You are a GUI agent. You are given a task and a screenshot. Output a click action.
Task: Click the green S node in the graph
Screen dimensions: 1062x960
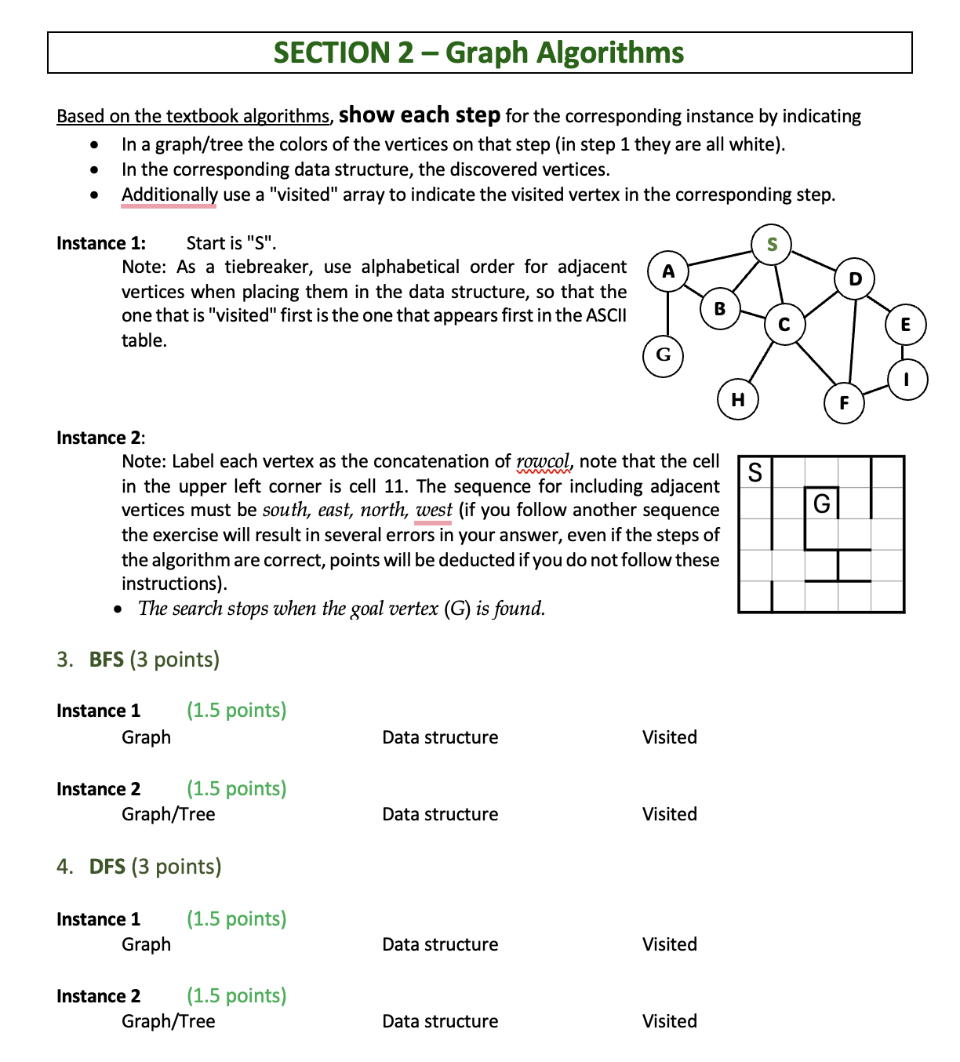(772, 244)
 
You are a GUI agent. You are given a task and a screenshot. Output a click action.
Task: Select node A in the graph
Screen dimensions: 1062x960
(668, 271)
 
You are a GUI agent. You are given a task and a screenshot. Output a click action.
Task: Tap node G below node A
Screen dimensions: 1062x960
(664, 355)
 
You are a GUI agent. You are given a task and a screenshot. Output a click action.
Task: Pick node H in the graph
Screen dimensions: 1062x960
(738, 399)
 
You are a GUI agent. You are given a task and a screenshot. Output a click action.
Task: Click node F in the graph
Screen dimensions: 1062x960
(844, 403)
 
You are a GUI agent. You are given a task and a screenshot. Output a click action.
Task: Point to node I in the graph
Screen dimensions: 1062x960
(907, 380)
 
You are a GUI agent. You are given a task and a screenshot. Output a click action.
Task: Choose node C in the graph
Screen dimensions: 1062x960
(784, 324)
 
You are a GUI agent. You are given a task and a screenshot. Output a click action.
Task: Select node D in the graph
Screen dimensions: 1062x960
(855, 278)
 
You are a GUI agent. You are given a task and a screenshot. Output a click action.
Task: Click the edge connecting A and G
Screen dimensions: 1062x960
(667, 313)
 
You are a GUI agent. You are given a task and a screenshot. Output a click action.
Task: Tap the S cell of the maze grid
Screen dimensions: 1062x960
(755, 472)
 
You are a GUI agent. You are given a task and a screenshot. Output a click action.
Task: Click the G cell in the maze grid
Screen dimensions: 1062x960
(821, 503)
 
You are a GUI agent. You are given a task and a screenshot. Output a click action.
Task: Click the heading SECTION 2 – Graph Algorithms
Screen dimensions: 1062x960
(478, 53)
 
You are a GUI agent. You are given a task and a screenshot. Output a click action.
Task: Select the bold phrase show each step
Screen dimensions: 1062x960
(419, 115)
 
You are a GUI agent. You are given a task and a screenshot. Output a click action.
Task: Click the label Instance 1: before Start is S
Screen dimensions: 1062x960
(100, 243)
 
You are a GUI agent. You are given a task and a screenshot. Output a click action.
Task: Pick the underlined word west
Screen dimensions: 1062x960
(434, 510)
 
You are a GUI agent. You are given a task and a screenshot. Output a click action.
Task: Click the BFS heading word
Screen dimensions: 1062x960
(106, 660)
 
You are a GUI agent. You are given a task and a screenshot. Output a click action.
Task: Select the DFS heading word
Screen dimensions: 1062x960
(107, 867)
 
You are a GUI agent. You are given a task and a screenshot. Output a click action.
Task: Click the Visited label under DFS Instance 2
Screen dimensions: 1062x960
(669, 1021)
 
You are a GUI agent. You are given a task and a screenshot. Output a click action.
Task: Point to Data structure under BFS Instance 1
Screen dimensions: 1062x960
(439, 737)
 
